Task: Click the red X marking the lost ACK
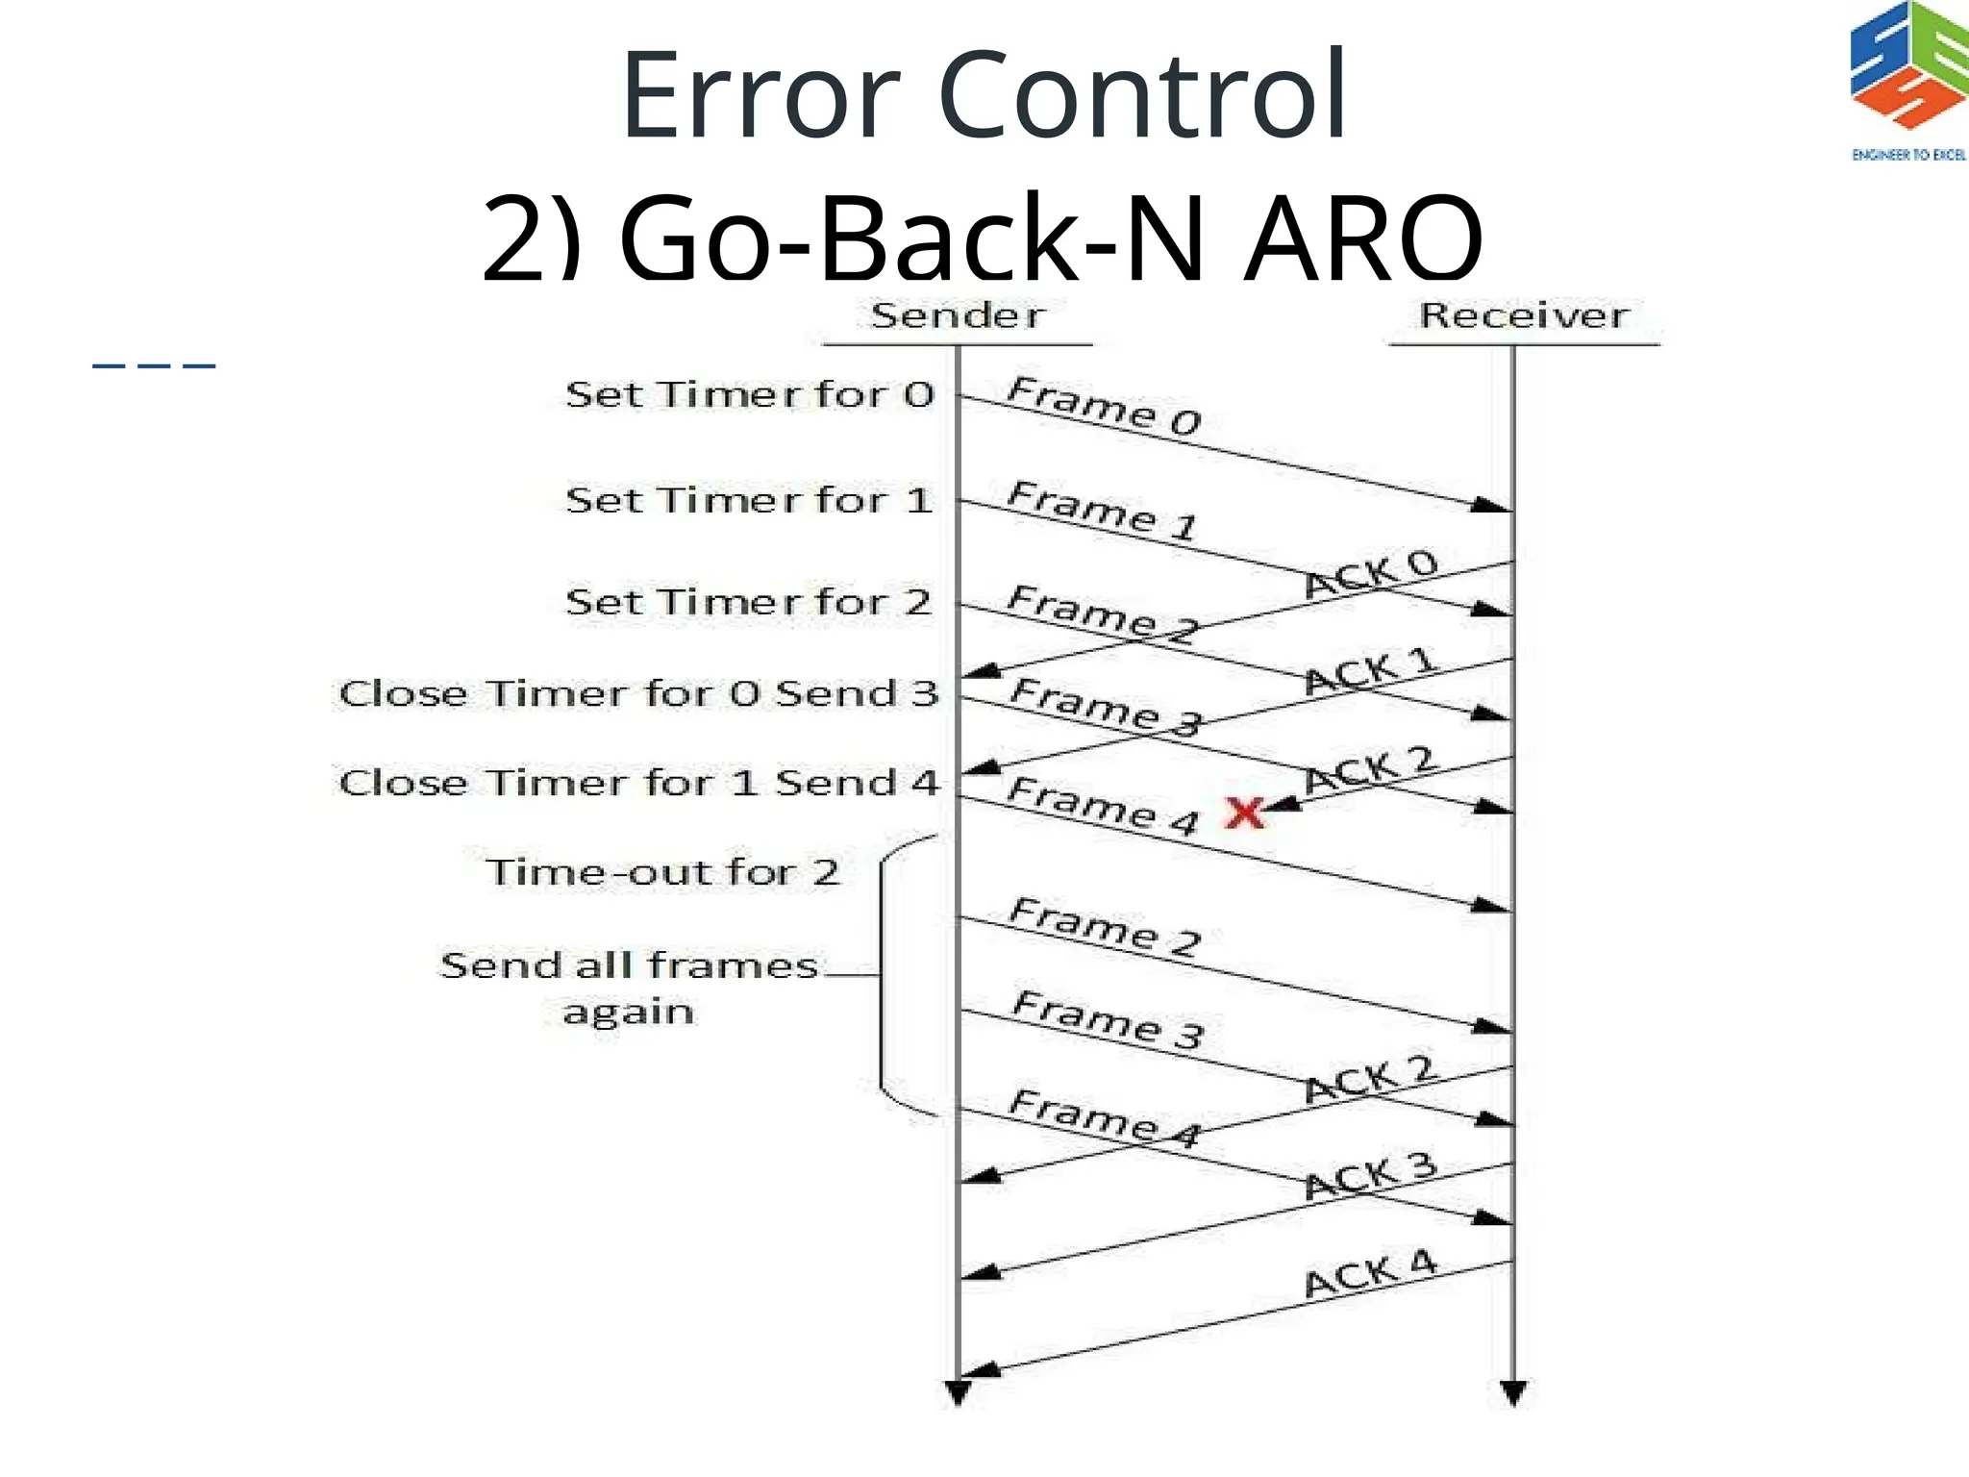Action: (x=1245, y=814)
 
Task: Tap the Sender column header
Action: (x=958, y=315)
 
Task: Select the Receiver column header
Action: (x=1524, y=315)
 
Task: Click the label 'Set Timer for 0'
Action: (x=750, y=395)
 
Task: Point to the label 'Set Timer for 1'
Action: (x=750, y=501)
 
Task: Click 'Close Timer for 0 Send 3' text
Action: (x=638, y=693)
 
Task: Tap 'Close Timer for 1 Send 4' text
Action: (x=638, y=783)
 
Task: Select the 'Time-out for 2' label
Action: (x=662, y=872)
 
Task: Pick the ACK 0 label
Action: (x=1371, y=574)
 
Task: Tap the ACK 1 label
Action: (x=1371, y=672)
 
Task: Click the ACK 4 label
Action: (x=1371, y=1275)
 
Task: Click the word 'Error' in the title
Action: (x=760, y=96)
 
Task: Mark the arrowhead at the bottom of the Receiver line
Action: (x=1513, y=1392)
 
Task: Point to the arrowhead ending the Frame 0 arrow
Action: (x=1492, y=505)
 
